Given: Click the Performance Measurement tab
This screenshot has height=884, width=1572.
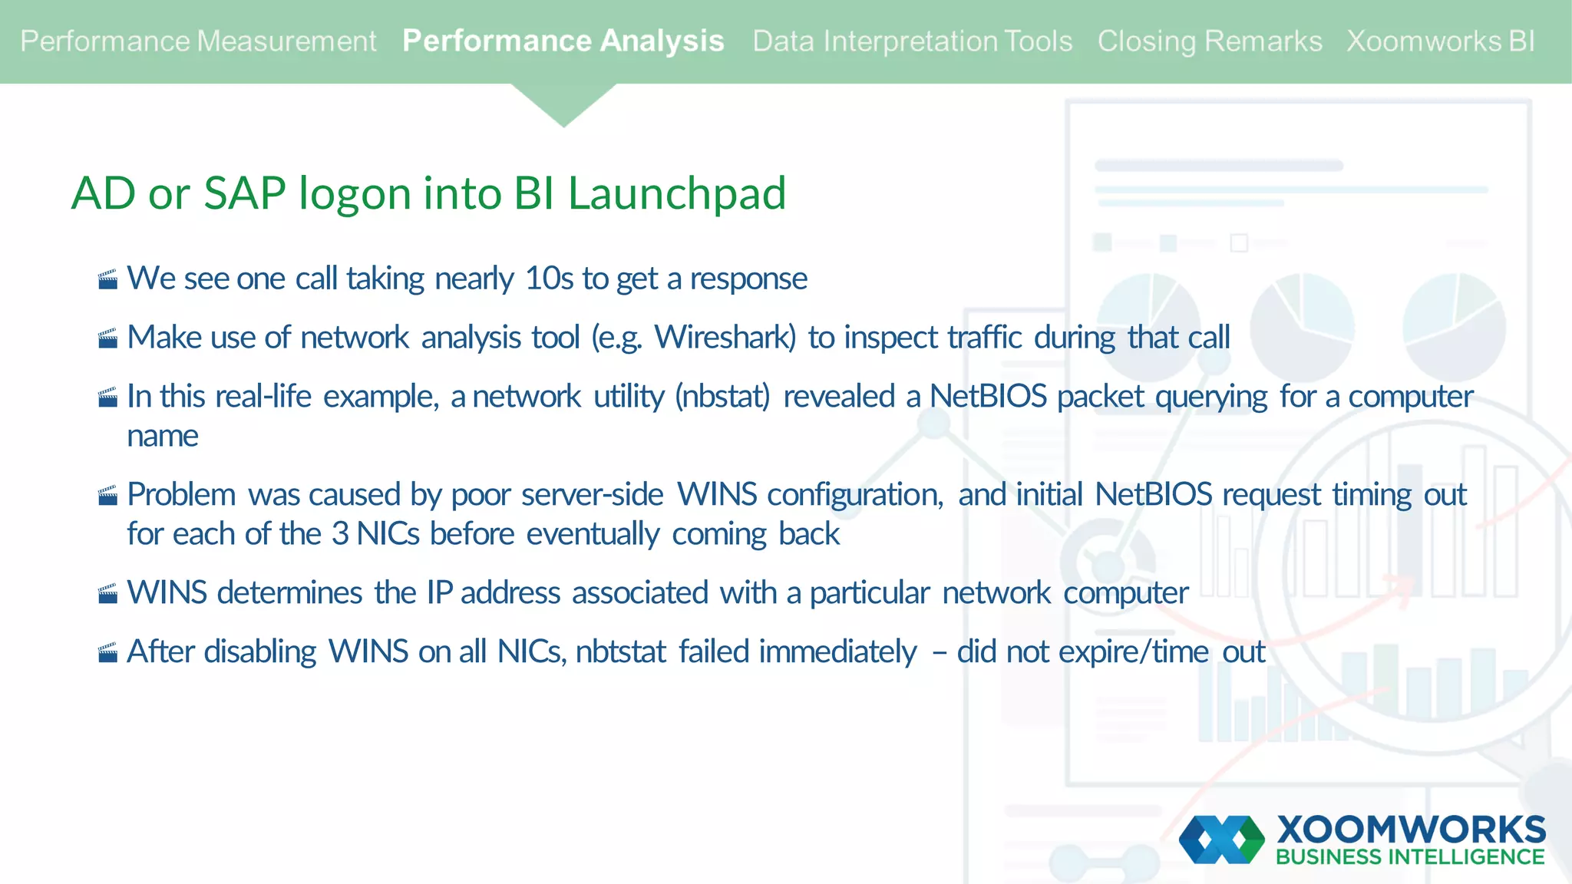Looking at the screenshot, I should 198,41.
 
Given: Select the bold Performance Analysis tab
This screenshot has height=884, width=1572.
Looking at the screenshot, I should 563,41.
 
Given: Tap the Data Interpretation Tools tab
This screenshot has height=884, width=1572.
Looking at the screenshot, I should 912,41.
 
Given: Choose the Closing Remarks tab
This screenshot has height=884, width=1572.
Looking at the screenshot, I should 1209,41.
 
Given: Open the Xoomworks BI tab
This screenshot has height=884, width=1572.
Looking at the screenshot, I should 1440,41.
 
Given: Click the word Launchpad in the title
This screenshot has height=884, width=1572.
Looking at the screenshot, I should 676,193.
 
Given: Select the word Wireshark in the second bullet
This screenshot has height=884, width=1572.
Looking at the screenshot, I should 725,338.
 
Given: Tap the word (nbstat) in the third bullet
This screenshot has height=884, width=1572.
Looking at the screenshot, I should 722,397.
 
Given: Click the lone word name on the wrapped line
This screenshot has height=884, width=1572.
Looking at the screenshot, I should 163,436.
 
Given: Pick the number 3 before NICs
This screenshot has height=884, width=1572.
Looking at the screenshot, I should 339,534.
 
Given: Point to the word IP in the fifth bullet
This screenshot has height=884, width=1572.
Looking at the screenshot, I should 439,593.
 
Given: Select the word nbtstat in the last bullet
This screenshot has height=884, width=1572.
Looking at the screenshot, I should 620,652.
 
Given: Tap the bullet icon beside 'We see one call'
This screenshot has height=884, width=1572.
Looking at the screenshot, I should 108,279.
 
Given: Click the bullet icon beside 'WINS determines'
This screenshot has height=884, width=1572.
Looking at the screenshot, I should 108,594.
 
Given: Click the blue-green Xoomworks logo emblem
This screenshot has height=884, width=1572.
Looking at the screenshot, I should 1221,839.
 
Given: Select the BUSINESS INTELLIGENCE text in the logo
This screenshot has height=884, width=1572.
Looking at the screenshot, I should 1409,857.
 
